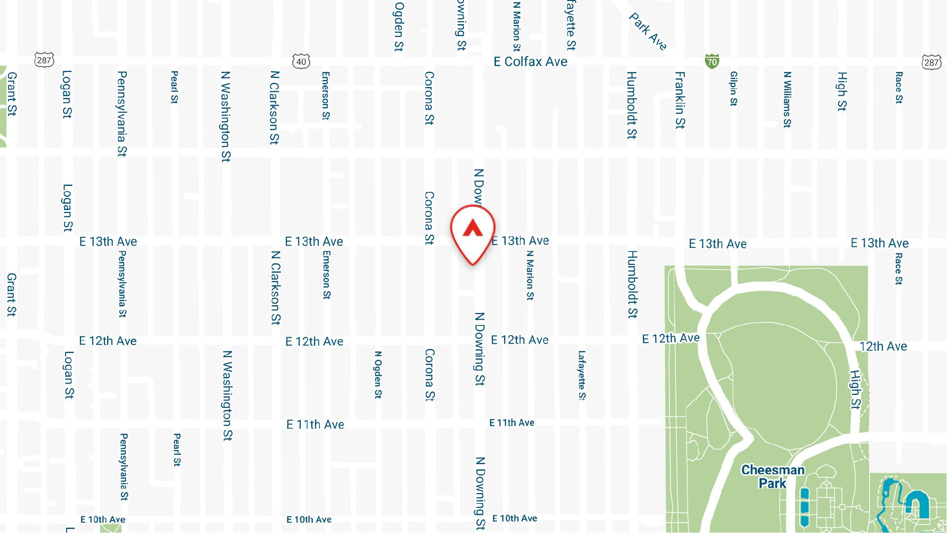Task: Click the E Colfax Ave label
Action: tap(530, 62)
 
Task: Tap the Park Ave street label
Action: tap(648, 32)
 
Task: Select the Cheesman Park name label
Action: tap(772, 476)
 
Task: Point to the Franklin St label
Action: tap(680, 100)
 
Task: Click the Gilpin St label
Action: tap(734, 89)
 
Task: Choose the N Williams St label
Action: tap(787, 100)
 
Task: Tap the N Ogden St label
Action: tap(378, 375)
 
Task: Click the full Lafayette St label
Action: tap(582, 375)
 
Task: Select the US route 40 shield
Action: tap(301, 62)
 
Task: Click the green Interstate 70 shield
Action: tap(712, 62)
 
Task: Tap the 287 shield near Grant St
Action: tap(44, 60)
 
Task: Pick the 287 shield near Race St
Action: tap(931, 62)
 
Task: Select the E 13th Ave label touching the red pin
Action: tap(521, 241)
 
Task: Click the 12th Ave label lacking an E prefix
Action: tap(883, 347)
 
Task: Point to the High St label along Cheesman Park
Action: tap(855, 390)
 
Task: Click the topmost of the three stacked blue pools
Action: tap(805, 494)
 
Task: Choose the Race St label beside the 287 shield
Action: tap(899, 88)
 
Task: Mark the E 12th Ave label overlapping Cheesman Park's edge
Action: tap(670, 338)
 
